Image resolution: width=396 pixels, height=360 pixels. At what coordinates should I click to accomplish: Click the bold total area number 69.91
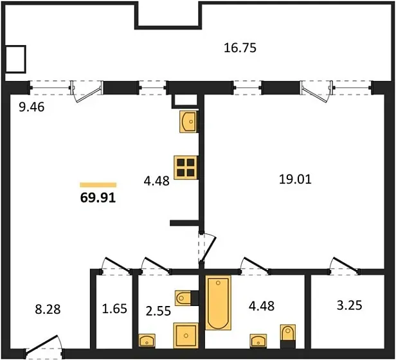click(98, 198)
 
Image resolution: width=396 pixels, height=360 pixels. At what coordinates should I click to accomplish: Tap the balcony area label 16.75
click(240, 48)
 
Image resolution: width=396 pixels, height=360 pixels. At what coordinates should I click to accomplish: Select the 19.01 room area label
click(295, 179)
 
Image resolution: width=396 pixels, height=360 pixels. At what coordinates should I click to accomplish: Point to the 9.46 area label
click(32, 107)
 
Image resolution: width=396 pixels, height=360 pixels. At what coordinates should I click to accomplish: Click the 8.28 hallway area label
click(48, 309)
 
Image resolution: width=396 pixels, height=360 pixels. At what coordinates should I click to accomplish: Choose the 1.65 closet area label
click(114, 309)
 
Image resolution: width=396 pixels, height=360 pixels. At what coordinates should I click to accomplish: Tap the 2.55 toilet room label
click(158, 310)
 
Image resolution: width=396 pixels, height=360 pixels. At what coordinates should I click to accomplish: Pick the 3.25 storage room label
click(350, 305)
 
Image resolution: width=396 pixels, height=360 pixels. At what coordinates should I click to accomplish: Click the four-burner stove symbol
click(186, 168)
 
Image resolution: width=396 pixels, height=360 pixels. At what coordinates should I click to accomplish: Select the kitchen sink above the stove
click(188, 122)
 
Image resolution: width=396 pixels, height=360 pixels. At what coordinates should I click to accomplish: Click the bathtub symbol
click(218, 303)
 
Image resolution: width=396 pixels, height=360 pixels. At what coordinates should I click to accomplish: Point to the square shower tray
click(186, 336)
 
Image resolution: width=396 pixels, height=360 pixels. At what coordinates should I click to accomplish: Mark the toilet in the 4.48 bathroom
click(287, 336)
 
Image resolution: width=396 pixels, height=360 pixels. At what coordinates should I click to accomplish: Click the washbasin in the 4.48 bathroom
click(258, 341)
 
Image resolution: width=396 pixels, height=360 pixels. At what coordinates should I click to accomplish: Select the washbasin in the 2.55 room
click(147, 341)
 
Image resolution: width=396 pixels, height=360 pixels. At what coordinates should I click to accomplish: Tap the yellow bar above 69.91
click(98, 185)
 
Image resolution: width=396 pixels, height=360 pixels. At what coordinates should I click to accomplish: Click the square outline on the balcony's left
click(15, 59)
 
